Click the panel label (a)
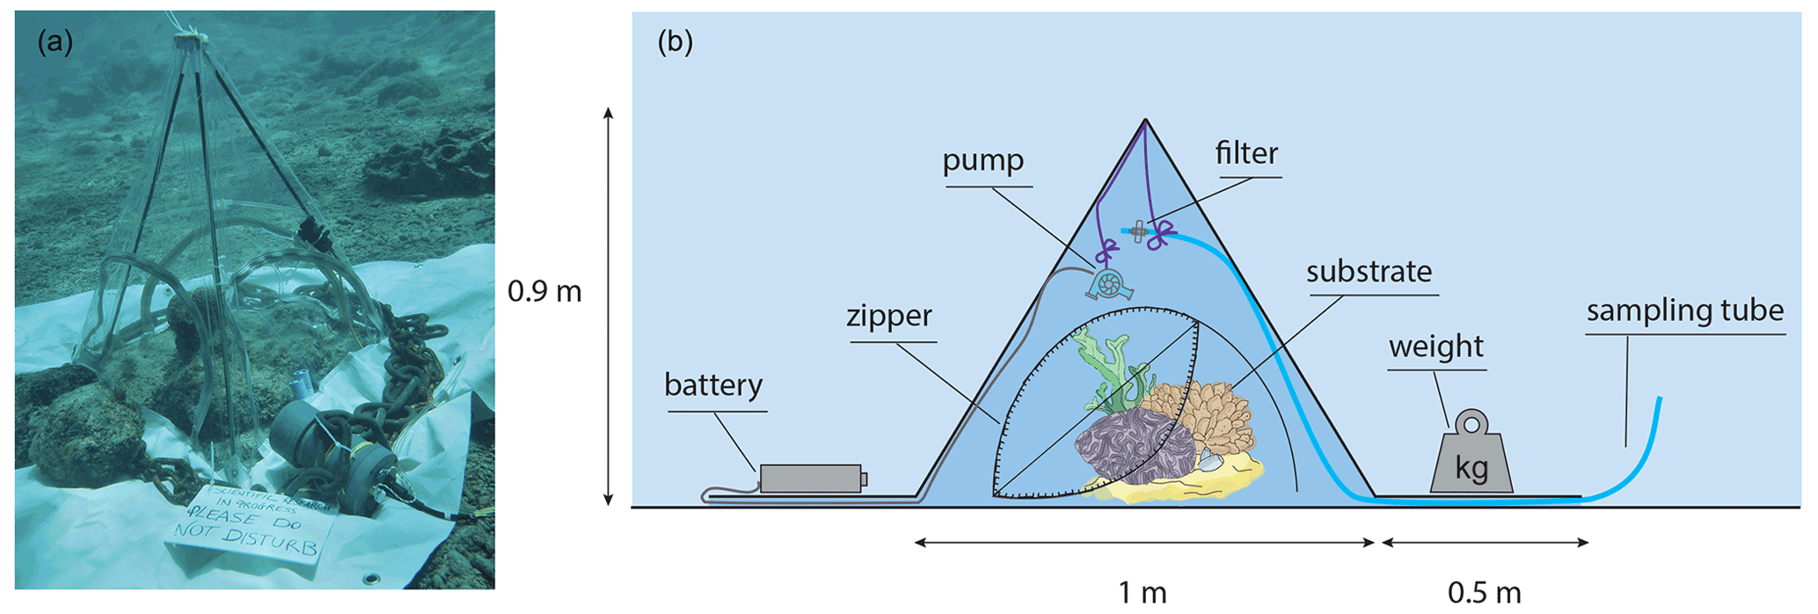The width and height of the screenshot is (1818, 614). click(55, 42)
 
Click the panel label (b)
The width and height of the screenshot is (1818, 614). click(675, 42)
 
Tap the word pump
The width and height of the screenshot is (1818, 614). click(982, 161)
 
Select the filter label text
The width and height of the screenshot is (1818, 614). click(1246, 154)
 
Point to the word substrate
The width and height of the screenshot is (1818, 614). click(1369, 272)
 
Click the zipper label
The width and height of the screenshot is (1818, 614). click(888, 316)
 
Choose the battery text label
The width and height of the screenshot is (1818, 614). click(712, 385)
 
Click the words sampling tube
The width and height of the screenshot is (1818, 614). click(1684, 311)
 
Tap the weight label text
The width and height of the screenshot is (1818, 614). click(1435, 347)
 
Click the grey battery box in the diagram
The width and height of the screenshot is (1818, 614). click(810, 479)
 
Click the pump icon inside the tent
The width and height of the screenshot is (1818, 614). click(1109, 284)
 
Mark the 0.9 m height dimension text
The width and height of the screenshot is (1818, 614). click(544, 291)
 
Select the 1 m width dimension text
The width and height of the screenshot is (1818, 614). click(1142, 593)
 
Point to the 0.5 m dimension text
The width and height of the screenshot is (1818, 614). click(1484, 593)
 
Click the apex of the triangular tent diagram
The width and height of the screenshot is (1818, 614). click(1144, 121)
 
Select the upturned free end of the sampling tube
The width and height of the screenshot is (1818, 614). click(1659, 401)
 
